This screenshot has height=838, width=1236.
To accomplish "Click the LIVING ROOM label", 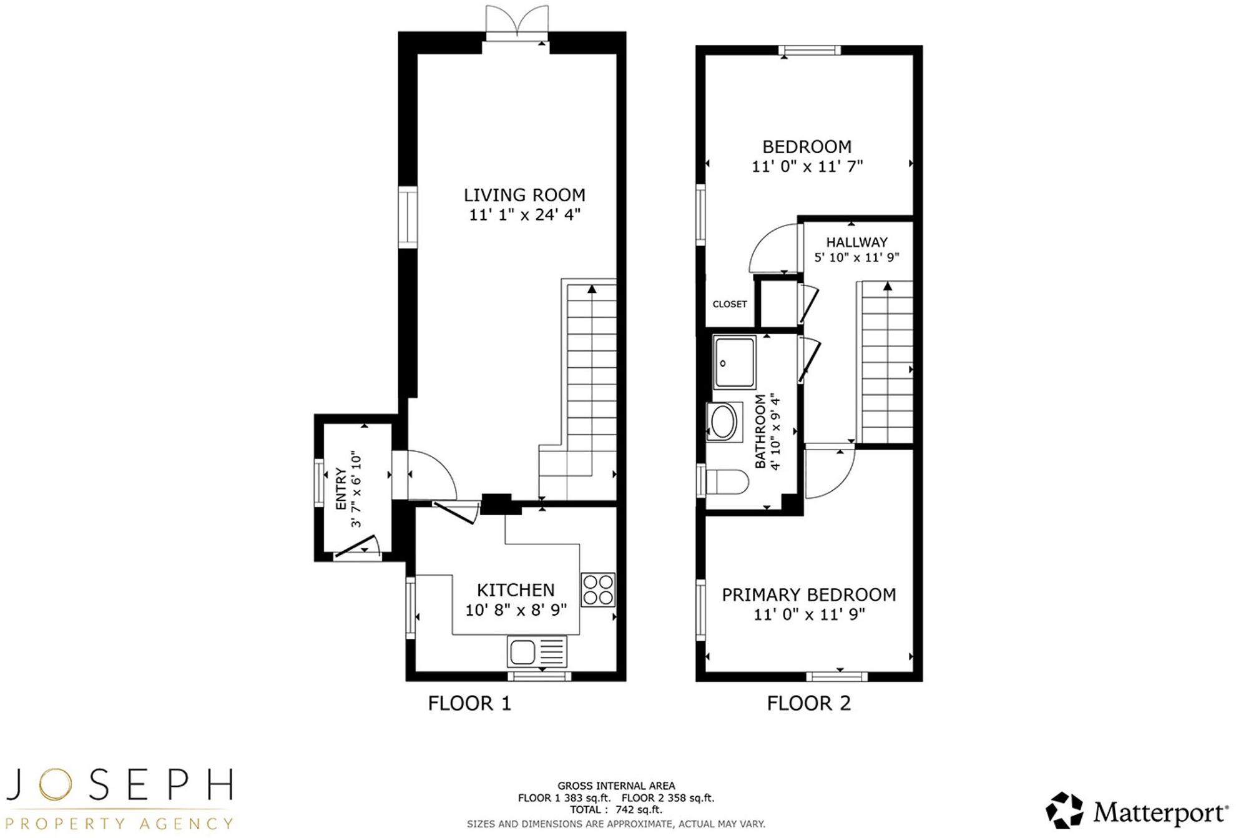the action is (524, 195).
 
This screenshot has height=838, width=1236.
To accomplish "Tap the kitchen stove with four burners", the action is (598, 589).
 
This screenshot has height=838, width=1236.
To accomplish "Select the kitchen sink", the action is (537, 651).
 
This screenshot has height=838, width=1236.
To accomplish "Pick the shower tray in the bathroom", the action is (735, 362).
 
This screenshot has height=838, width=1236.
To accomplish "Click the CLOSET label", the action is (730, 304).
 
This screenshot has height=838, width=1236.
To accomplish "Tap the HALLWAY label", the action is (856, 242).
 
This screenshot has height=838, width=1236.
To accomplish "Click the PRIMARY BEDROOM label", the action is (809, 594).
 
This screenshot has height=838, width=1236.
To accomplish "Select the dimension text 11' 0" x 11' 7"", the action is (807, 167).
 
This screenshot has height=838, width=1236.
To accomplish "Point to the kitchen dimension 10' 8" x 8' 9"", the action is (516, 610).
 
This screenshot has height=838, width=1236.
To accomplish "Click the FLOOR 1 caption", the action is (469, 704).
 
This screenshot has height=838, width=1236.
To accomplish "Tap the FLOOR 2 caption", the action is (808, 704).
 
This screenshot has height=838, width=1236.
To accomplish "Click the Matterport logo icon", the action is (1064, 811).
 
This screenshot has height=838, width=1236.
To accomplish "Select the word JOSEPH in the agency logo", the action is (119, 785).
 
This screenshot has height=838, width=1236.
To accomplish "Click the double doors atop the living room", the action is (517, 23).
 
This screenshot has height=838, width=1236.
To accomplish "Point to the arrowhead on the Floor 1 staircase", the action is (592, 288).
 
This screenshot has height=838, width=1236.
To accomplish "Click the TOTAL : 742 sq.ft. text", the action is (616, 810).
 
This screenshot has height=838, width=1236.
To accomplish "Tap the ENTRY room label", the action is (341, 489).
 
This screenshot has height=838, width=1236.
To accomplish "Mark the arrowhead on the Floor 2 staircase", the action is (888, 286).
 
